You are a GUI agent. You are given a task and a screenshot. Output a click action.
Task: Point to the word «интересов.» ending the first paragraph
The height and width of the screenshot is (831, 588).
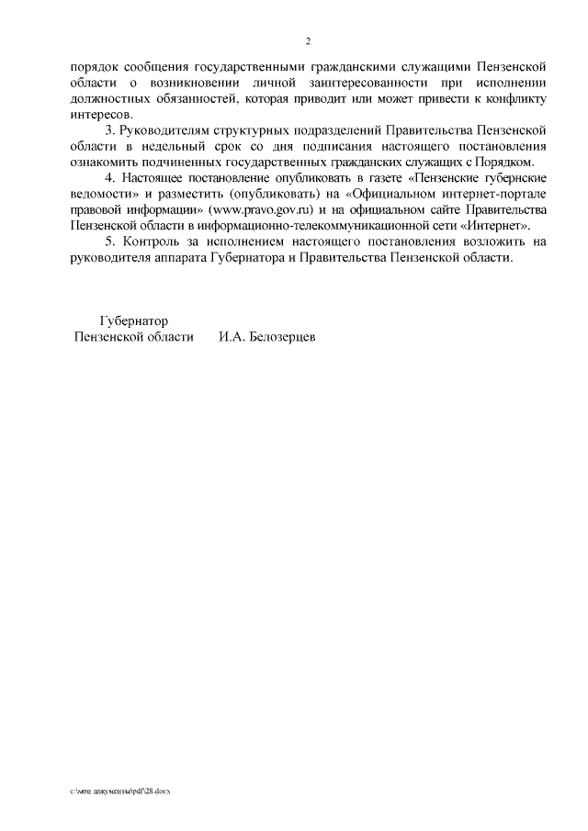(101, 114)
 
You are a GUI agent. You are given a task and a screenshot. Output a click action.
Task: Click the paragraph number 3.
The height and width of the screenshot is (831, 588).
(111, 129)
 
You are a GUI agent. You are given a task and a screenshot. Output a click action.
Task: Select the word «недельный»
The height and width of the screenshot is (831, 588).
(183, 146)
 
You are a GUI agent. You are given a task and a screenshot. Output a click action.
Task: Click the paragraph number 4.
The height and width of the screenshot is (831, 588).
(111, 177)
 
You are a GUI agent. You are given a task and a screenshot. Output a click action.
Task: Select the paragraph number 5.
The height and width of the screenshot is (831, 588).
(111, 241)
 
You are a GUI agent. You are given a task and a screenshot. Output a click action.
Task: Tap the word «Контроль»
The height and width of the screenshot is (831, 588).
(151, 241)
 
